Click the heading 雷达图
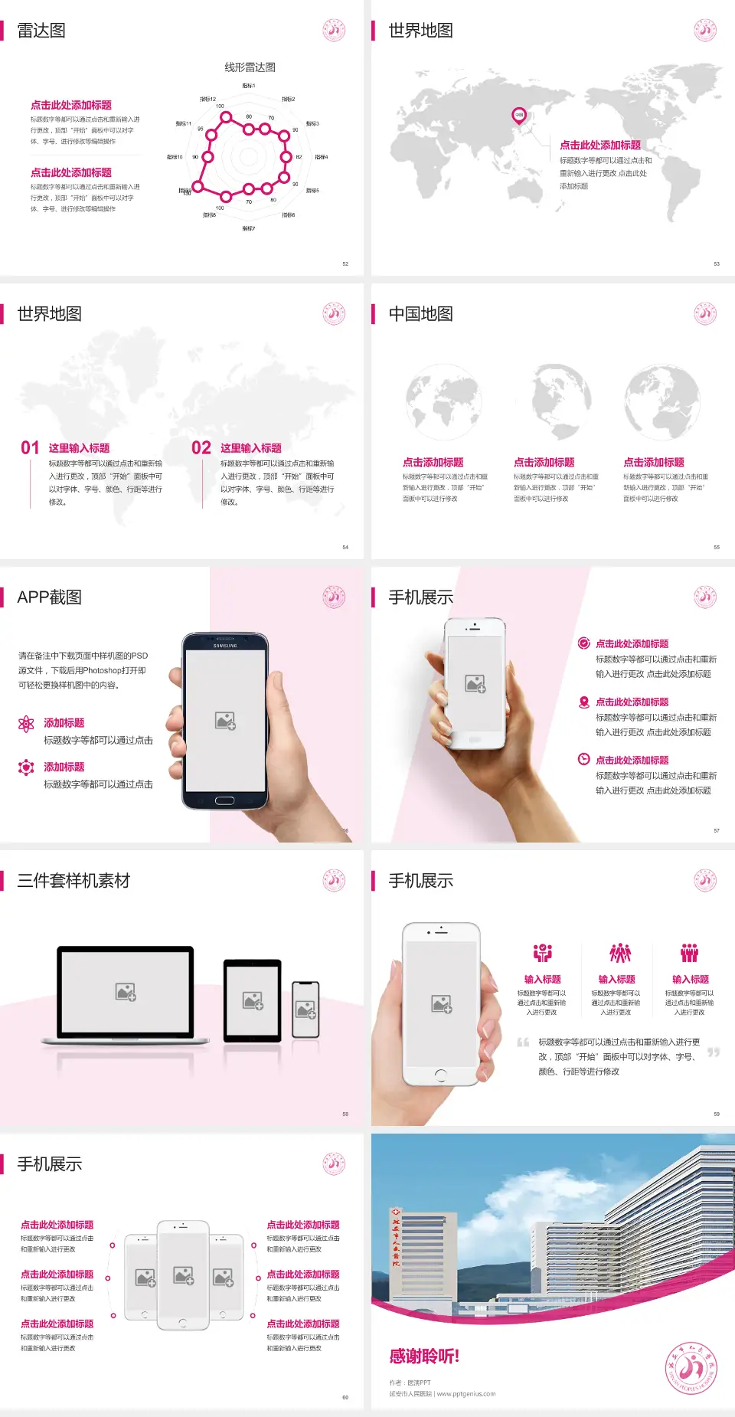(41, 31)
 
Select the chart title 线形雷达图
(250, 67)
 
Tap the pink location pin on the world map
(519, 116)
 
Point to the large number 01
(30, 448)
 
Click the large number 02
(201, 448)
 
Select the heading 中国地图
(420, 314)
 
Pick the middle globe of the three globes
(553, 400)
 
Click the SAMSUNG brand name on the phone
(225, 646)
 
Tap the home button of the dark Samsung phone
(224, 800)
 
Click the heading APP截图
(50, 597)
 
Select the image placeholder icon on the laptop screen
(126, 992)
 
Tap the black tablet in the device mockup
(253, 1000)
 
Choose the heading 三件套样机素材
(73, 881)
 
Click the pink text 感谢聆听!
(424, 1356)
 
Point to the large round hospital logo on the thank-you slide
(691, 1368)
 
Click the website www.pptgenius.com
(466, 1394)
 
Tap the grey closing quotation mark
(713, 1052)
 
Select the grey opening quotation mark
(523, 1042)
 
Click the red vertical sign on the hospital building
(395, 1238)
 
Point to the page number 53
(717, 264)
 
